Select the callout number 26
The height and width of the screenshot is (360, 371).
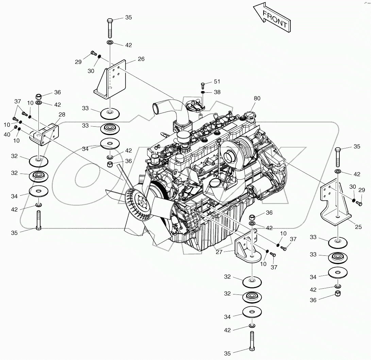(x=141, y=59)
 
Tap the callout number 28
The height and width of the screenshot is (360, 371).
(x=62, y=114)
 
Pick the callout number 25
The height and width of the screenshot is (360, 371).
(x=358, y=227)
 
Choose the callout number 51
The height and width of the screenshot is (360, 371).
(x=217, y=82)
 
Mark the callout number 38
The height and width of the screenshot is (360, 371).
(x=217, y=92)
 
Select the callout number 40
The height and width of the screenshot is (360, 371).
(x=7, y=135)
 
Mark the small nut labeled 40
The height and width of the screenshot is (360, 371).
(x=15, y=127)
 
